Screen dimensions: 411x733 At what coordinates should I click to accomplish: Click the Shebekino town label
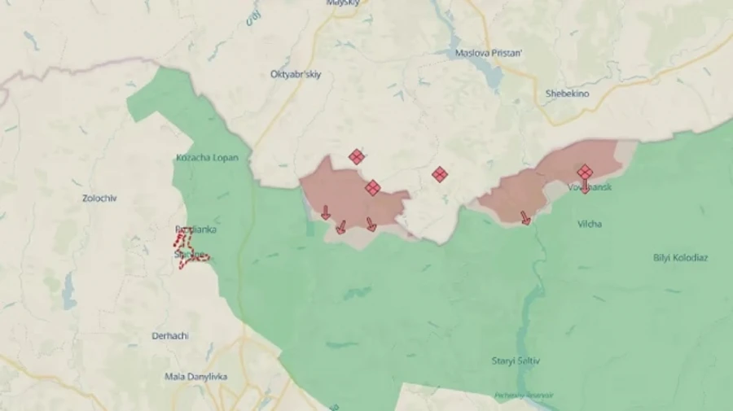(567, 94)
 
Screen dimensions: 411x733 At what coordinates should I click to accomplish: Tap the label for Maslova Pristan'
(489, 54)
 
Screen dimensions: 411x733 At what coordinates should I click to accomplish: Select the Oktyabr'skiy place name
(296, 74)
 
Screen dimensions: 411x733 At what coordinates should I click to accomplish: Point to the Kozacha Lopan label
(207, 157)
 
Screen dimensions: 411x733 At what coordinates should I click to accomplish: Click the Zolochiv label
(99, 198)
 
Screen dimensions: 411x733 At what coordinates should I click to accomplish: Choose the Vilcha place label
(589, 224)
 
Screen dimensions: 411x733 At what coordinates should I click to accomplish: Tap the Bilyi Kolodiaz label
(680, 258)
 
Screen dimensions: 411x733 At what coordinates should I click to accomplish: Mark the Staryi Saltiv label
(516, 361)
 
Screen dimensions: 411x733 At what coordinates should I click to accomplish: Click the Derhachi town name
(171, 335)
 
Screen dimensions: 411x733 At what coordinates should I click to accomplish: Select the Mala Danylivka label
(195, 377)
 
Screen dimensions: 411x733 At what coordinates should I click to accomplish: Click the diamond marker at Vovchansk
(585, 172)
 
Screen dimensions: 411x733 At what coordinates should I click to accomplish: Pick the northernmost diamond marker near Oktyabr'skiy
(356, 157)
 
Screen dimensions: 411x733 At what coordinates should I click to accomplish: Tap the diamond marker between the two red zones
(440, 174)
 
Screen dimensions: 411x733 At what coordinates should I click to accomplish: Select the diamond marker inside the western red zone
(372, 188)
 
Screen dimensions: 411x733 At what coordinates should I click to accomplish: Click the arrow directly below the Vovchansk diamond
(585, 187)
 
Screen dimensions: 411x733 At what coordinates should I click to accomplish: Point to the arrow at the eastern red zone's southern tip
(525, 217)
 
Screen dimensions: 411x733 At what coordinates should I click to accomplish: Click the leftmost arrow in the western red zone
(325, 212)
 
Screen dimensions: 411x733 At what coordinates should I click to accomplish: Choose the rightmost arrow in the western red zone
(371, 224)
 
